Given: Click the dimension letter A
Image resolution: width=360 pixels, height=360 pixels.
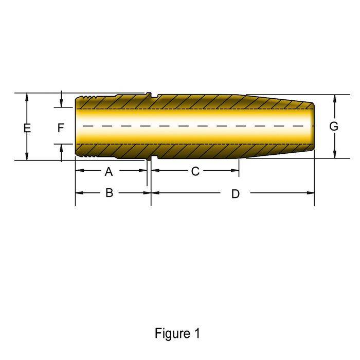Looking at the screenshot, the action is (x=109, y=171).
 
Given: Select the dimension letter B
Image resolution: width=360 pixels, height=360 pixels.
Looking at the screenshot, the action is (x=109, y=193).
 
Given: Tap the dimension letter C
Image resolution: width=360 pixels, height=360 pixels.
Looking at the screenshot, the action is (x=195, y=171).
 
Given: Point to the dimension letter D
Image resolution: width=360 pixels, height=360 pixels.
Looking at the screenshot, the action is (x=236, y=194).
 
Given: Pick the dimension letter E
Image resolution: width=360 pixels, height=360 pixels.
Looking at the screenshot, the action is (x=27, y=128).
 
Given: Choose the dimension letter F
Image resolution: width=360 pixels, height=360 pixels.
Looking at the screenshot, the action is (x=61, y=128).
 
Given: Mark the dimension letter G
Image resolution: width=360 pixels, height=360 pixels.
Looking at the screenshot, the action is (x=334, y=127).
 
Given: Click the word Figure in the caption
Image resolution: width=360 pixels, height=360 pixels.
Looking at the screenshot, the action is (x=173, y=333).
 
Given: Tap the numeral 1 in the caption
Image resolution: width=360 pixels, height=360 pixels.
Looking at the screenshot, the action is (x=197, y=333).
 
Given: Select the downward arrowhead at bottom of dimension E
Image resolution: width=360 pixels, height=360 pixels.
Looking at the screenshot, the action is (x=27, y=156).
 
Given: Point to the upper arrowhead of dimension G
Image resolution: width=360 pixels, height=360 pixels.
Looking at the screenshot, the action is (x=335, y=99).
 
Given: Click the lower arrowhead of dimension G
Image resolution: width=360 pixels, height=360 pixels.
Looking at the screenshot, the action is (x=335, y=154).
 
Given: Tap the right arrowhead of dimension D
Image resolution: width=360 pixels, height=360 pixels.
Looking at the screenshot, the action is (x=311, y=193).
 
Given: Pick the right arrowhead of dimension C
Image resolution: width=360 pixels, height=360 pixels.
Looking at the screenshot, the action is (x=235, y=170).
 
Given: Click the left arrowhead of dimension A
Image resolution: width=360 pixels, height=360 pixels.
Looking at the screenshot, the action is (x=79, y=170).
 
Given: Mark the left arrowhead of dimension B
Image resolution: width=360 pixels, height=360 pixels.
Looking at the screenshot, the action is (x=79, y=193).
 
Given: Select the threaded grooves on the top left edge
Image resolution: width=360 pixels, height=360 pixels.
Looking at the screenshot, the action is (x=89, y=97).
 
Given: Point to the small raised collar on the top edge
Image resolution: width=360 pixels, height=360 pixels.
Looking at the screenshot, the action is (x=149, y=94).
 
